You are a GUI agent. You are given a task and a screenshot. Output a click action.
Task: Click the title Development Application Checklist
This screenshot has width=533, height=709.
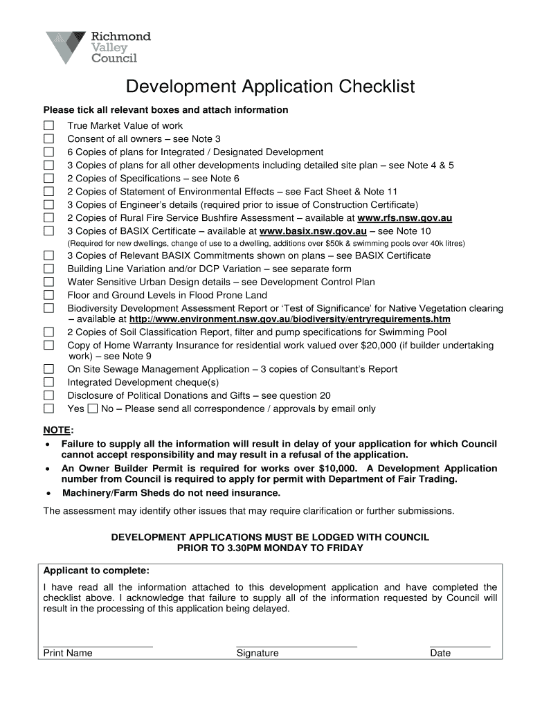point(270,87)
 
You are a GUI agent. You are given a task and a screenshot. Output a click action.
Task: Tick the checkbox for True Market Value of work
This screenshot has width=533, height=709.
point(48,126)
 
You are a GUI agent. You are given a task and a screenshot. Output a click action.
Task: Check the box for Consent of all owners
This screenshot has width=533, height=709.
point(48,139)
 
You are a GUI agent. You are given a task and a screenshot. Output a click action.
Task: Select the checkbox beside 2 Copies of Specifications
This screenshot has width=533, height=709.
point(48,179)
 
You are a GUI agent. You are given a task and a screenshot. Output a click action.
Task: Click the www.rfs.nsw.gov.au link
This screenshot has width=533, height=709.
point(404,217)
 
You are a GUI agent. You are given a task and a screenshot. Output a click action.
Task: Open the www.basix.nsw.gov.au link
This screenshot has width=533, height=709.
point(312,231)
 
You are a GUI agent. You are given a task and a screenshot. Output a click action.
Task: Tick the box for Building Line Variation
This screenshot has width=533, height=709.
point(48,269)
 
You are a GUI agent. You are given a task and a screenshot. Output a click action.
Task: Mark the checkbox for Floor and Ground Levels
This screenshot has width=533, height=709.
point(48,295)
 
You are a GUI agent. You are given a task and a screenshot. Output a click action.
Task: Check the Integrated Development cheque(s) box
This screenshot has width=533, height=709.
point(48,382)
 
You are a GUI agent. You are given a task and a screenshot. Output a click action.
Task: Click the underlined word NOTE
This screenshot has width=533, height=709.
point(57,429)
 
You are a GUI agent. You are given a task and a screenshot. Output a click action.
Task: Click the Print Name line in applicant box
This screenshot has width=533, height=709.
point(98,645)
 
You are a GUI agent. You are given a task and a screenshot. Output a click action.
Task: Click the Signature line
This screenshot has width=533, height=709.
point(296,645)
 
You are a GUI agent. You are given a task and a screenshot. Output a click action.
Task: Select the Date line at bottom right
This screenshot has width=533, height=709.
point(460,645)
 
